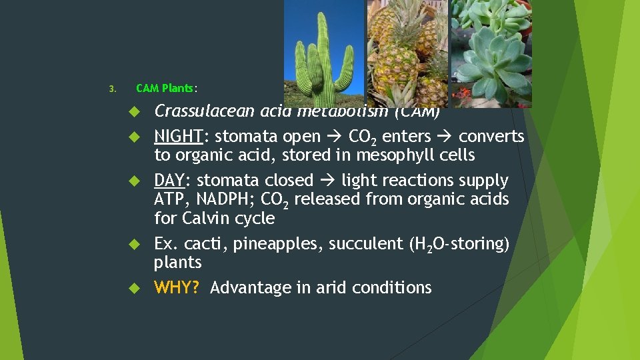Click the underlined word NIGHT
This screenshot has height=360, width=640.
178,137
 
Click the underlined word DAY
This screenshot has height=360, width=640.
169,181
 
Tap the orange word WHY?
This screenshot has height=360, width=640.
177,288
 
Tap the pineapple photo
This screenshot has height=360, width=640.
408,53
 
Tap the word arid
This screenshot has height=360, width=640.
331,288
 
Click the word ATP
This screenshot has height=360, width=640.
169,199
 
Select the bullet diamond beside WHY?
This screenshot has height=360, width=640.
133,289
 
